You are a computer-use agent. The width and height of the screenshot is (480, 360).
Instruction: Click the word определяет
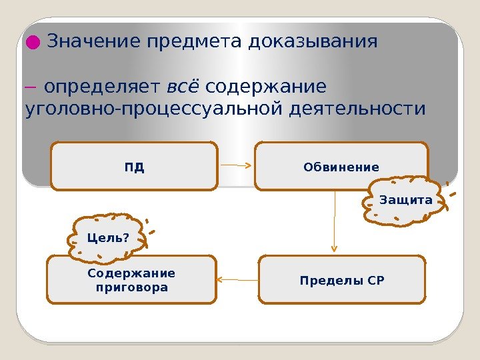103,87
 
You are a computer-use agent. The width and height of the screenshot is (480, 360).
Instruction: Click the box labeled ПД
134,167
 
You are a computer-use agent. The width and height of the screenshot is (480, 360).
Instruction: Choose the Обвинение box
341,167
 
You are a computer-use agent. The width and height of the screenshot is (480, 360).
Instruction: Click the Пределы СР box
341,280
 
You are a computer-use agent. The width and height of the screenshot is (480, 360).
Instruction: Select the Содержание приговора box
131,280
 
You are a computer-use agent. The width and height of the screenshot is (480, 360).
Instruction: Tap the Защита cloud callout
405,201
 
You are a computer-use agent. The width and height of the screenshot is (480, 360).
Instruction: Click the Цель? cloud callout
108,238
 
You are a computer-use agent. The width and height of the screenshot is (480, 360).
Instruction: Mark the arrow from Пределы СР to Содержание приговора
237,280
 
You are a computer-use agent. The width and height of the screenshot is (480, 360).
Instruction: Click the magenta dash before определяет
31,88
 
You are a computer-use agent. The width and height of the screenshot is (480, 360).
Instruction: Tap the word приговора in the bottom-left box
131,288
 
